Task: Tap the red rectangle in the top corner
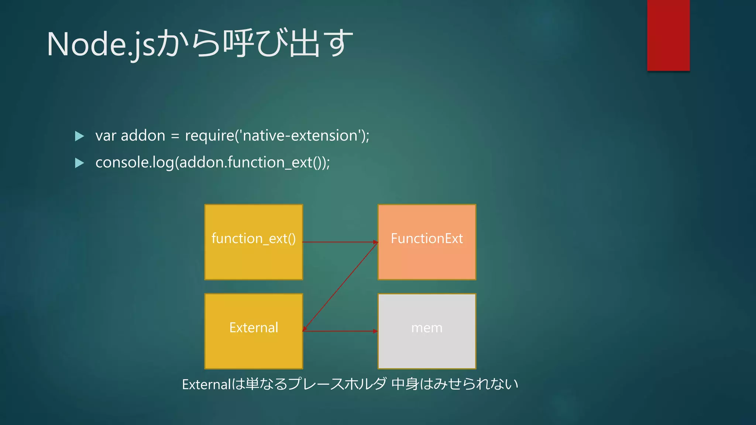pos(668,35)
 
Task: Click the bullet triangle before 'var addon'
pos(79,136)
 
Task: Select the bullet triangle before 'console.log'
pos(79,163)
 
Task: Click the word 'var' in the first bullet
pos(106,136)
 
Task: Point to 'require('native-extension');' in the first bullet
pos(277,136)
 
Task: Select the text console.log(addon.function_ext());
pos(213,163)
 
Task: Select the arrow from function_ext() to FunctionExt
pos(340,242)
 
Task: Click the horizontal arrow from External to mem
pos(340,331)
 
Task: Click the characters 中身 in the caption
pos(405,384)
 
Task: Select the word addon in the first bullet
pos(143,136)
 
